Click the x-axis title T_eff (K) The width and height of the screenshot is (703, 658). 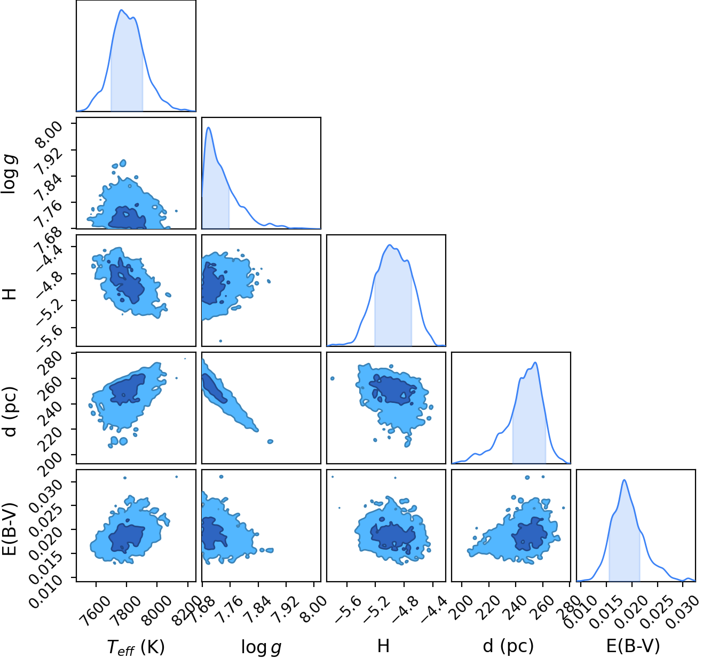coord(136,647)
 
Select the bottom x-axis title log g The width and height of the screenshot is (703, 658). coord(261,648)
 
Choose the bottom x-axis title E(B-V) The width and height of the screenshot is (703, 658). coord(633,646)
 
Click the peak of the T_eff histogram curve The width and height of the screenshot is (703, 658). coord(121,10)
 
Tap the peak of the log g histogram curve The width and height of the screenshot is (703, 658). coord(209,127)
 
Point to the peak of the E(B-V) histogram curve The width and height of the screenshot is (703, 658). coord(624,480)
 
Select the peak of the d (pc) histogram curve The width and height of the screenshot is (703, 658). coord(535,362)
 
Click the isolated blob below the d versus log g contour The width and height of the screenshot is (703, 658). coord(270,441)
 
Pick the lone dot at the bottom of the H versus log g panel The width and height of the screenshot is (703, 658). coord(220,341)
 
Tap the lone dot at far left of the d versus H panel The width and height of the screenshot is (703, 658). coord(333,378)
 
